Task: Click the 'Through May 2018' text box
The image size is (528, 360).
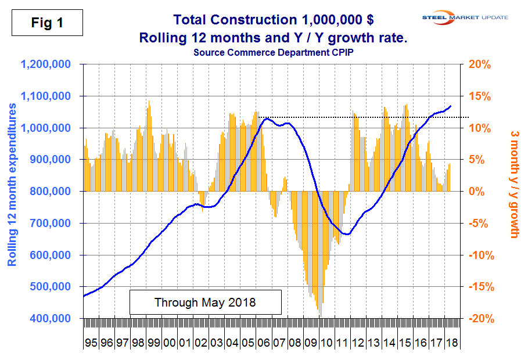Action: pos(205,303)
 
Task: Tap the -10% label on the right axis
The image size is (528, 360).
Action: pos(480,255)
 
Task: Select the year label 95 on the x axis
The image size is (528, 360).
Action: pos(91,343)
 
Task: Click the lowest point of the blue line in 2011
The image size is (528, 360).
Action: pos(346,234)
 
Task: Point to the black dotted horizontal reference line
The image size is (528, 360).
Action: pos(360,117)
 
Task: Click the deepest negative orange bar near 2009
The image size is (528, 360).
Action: pos(320,315)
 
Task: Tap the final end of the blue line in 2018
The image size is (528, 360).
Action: pos(451,106)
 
